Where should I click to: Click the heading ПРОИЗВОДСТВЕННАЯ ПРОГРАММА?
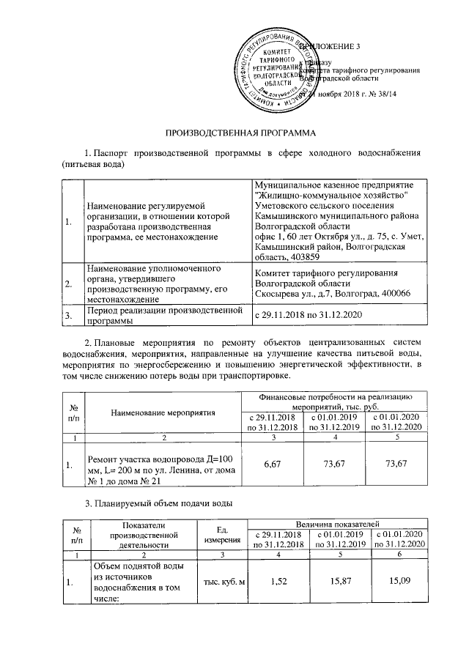coord(234,133)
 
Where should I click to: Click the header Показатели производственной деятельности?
coord(134,534)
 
